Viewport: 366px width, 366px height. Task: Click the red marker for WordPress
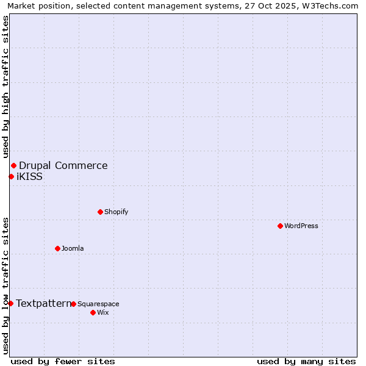click(280, 226)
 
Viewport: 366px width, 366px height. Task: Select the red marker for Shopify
click(100, 212)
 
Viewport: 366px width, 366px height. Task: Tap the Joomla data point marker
click(57, 248)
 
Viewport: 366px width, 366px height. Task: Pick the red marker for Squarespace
click(73, 304)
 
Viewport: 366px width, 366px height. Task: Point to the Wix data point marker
click(93, 312)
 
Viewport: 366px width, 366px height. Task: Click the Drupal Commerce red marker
click(13, 165)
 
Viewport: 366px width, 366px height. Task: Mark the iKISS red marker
click(11, 176)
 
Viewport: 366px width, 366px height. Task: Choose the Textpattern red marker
click(10, 303)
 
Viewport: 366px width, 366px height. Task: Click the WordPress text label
click(301, 226)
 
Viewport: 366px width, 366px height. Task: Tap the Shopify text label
click(116, 212)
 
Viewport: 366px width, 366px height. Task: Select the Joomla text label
click(73, 248)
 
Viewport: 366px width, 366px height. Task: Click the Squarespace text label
click(98, 304)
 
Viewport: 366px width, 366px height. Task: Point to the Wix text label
click(102, 312)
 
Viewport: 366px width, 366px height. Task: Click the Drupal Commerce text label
click(63, 165)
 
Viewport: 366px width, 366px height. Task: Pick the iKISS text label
click(29, 176)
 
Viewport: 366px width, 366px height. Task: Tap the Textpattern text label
click(43, 303)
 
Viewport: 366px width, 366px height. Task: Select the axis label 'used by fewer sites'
click(63, 361)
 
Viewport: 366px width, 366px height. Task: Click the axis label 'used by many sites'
click(306, 361)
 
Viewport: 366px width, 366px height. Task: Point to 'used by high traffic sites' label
click(6, 87)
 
